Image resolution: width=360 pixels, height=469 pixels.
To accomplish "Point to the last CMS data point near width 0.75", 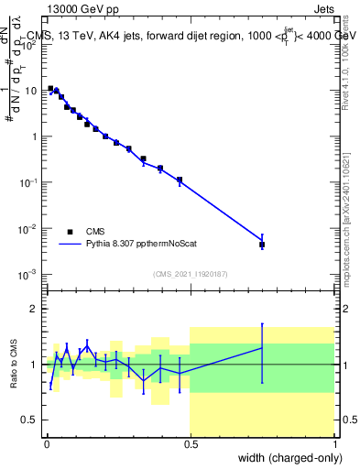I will (262, 245).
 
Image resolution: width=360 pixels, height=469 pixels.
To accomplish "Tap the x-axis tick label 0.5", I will (190, 445).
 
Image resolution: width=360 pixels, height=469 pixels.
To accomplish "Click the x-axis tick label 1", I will (335, 445).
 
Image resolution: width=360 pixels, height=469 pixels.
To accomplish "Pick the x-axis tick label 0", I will (46, 445).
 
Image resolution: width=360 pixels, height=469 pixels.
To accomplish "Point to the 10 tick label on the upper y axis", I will (31, 91).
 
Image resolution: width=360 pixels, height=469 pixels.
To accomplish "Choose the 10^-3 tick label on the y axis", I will (29, 274).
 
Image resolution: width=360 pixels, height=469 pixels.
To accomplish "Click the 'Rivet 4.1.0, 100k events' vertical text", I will (345, 58).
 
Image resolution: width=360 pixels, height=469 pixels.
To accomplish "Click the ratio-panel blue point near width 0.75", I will (262, 348).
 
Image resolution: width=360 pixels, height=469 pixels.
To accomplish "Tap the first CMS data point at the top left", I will (50, 89).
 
